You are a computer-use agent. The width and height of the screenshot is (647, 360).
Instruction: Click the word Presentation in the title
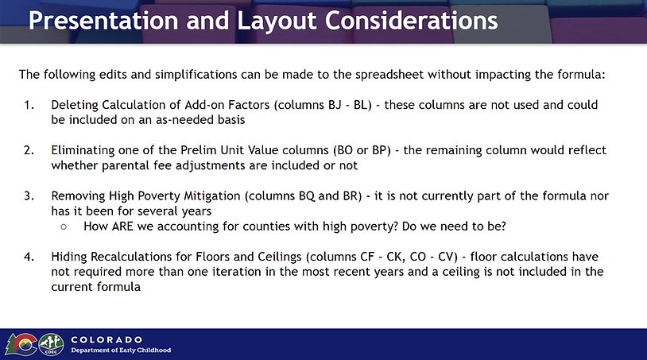pyautogui.click(x=103, y=20)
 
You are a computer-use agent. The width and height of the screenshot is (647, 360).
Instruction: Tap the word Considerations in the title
pyautogui.click(x=412, y=20)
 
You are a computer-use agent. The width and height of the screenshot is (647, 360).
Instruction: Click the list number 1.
pyautogui.click(x=29, y=105)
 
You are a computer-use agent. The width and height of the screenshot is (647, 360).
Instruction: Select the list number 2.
pyautogui.click(x=29, y=150)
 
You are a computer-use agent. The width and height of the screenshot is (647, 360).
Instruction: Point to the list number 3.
pyautogui.click(x=29, y=195)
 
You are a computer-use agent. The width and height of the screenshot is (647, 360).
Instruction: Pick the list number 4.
pyautogui.click(x=29, y=257)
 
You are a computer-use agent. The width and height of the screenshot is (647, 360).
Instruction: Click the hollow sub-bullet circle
pyautogui.click(x=64, y=226)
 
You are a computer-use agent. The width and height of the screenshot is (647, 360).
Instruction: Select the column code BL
pyautogui.click(x=360, y=105)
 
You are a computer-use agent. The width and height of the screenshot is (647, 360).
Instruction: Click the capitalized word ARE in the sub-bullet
pyautogui.click(x=122, y=226)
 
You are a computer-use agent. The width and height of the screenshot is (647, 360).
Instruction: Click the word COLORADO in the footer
pyautogui.click(x=107, y=340)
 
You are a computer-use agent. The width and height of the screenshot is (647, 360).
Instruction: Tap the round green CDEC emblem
pyautogui.click(x=51, y=344)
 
